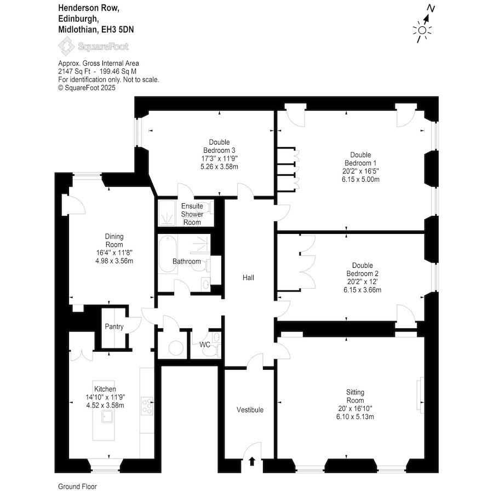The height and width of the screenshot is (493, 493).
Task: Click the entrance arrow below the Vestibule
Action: click(x=252, y=461)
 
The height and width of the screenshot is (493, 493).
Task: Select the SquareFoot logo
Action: click(x=93, y=47)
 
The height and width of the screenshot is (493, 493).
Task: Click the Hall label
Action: click(x=248, y=278)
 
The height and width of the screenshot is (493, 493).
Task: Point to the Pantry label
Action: click(x=114, y=326)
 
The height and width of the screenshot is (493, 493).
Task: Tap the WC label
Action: click(x=205, y=345)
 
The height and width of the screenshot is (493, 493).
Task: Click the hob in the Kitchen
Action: click(x=147, y=406)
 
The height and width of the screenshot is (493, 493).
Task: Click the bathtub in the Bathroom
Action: click(x=167, y=254)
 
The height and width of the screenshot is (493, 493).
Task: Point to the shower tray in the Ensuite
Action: click(x=167, y=213)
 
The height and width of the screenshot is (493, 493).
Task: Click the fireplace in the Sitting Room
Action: click(x=420, y=394)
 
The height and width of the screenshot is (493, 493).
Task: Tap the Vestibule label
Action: click(x=250, y=410)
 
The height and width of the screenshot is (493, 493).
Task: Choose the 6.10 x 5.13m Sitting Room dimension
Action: click(x=355, y=417)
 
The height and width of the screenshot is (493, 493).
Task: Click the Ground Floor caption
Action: click(x=78, y=486)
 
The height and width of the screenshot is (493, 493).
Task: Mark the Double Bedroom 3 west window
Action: click(x=137, y=133)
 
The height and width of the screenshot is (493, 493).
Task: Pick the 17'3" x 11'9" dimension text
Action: click(x=219, y=158)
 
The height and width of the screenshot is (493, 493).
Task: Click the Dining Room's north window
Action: click(x=87, y=175)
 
